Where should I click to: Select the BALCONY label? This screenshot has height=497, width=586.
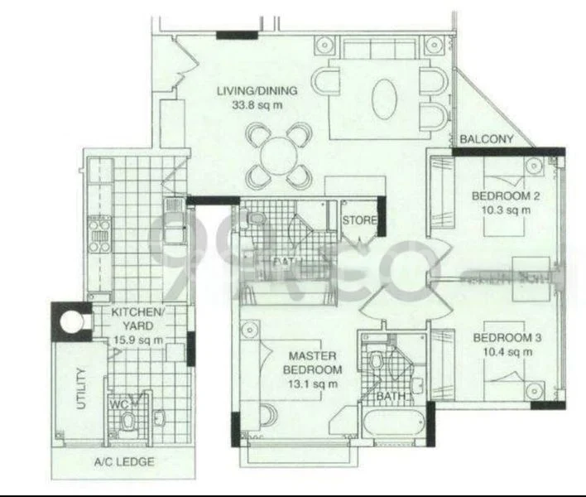point(488,139)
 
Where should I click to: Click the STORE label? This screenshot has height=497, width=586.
point(360,221)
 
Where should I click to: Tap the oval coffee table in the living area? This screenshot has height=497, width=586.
point(384,101)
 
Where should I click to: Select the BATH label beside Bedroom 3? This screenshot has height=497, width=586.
point(389,398)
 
